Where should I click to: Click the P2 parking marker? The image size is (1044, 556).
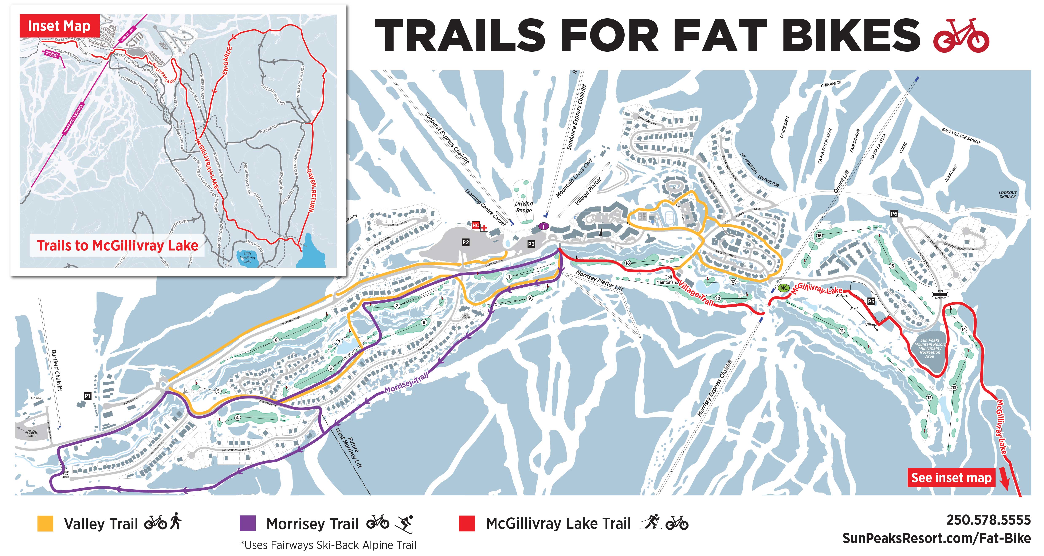click(465, 242)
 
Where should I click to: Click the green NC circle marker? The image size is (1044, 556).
click(784, 288)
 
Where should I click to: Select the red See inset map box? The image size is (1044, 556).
click(951, 478)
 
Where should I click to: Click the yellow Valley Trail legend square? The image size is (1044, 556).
click(45, 523)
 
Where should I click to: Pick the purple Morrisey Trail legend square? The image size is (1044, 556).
click(248, 523)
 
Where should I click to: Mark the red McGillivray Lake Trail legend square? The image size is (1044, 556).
click(467, 523)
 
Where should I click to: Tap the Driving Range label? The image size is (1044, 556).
click(524, 207)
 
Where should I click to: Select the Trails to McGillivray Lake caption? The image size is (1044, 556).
click(118, 245)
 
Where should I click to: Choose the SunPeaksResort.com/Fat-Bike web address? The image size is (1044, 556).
click(936, 538)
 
